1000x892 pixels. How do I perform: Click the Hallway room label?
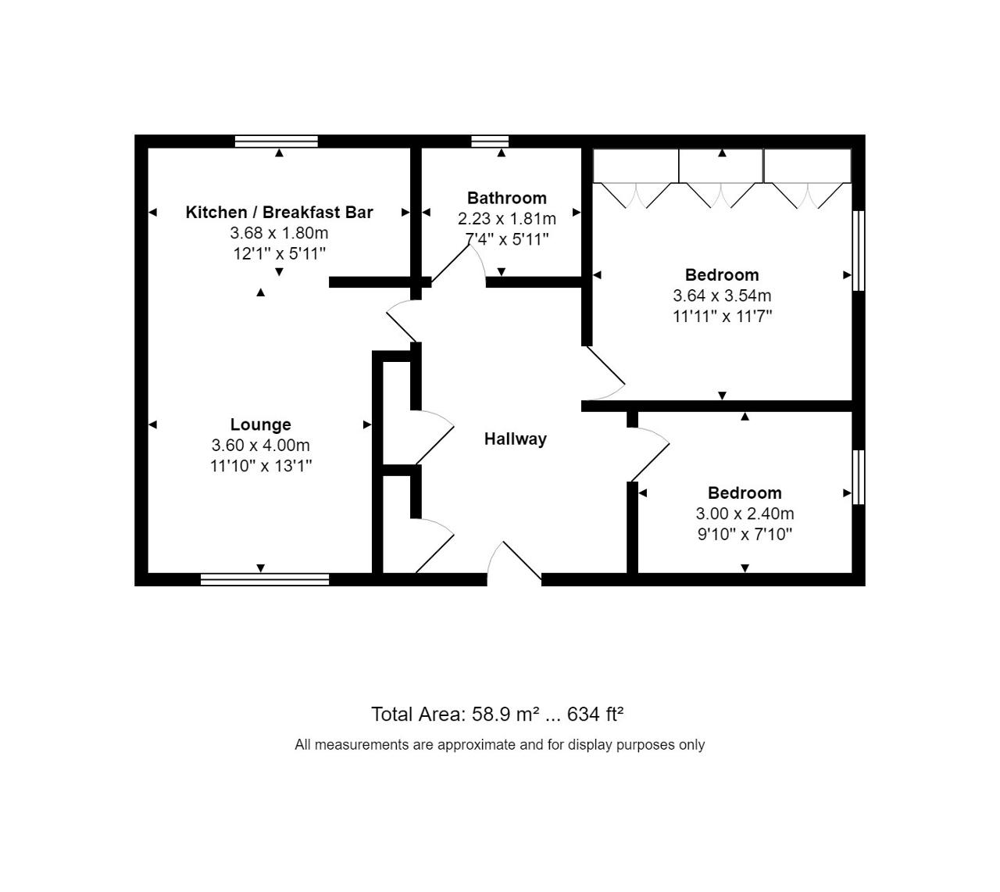pos(515,439)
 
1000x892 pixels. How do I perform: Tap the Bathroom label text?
pos(507,198)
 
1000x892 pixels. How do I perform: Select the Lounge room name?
pos(261,425)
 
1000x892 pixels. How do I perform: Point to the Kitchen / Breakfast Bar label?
pos(279,213)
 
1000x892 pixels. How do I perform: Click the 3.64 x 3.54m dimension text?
pos(722,296)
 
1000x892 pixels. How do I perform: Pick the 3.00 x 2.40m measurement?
pos(745,514)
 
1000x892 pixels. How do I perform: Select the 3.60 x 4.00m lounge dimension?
pos(261,446)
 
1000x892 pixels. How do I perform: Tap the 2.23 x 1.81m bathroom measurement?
pos(507,219)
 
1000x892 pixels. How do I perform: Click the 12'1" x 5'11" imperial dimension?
pos(280,254)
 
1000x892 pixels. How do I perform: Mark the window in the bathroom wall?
pos(490,142)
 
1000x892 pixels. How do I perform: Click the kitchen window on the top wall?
pos(277,142)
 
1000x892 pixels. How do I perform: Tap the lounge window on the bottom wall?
pos(265,579)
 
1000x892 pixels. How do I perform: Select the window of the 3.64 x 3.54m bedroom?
pos(859,251)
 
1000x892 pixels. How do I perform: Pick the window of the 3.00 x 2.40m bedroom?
pos(859,477)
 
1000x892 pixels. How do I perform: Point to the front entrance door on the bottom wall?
pos(514,564)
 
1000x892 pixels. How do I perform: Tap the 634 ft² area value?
pos(595,715)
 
